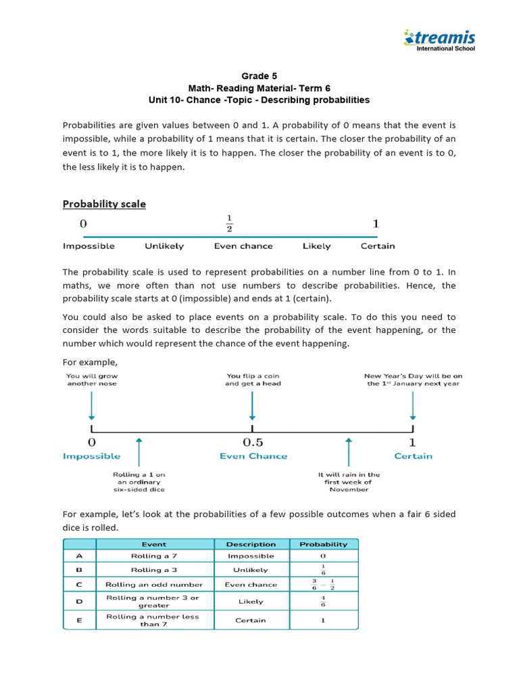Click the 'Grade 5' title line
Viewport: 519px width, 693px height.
pyautogui.click(x=259, y=76)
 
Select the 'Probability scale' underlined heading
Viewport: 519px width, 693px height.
pyautogui.click(x=104, y=204)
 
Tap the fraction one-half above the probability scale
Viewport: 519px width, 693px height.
pyautogui.click(x=229, y=222)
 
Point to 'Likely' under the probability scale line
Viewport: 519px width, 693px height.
pyautogui.click(x=316, y=246)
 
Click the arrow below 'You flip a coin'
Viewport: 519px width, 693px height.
pyautogui.click(x=252, y=405)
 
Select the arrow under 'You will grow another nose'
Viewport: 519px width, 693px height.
pyautogui.click(x=92, y=405)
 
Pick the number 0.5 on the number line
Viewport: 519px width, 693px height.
pyautogui.click(x=252, y=442)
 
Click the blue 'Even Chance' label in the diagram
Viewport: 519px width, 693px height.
pyautogui.click(x=253, y=456)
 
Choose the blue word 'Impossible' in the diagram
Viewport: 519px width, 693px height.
pyautogui.click(x=92, y=456)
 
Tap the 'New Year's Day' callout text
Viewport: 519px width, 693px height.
pyautogui.click(x=412, y=379)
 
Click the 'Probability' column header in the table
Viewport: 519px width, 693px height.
pyautogui.click(x=324, y=544)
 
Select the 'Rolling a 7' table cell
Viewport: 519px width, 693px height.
pyautogui.click(x=155, y=556)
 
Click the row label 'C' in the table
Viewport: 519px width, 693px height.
pyautogui.click(x=79, y=584)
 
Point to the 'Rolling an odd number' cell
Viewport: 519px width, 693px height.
pyautogui.click(x=155, y=584)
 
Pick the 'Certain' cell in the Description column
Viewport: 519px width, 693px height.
pyautogui.click(x=251, y=620)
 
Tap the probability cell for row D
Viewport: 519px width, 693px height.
pyautogui.click(x=324, y=601)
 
